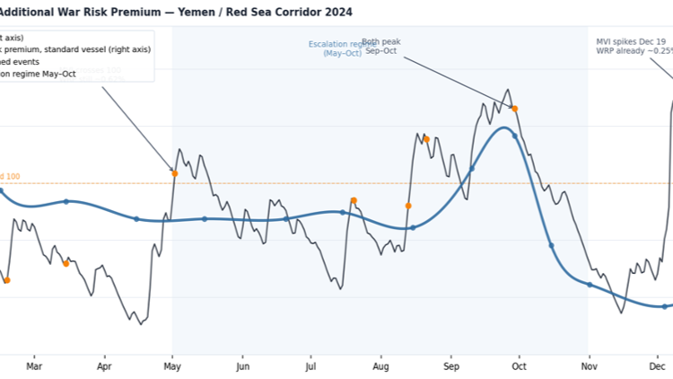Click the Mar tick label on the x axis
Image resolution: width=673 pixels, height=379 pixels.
pyautogui.click(x=34, y=366)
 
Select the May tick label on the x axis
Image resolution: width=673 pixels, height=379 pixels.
pyautogui.click(x=173, y=366)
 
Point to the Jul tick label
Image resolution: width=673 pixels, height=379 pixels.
pyautogui.click(x=310, y=366)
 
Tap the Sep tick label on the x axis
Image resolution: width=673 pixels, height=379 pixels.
pyautogui.click(x=451, y=366)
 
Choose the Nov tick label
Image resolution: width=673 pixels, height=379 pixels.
pyautogui.click(x=588, y=366)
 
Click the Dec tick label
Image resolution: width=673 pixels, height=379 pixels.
pyautogui.click(x=657, y=366)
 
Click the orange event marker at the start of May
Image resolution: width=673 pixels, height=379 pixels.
pyautogui.click(x=175, y=173)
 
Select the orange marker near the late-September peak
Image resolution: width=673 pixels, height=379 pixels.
pyautogui.click(x=514, y=109)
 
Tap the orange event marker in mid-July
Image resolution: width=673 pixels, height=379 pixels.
pyautogui.click(x=354, y=200)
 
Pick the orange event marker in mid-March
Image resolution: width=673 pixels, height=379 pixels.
pyautogui.click(x=66, y=264)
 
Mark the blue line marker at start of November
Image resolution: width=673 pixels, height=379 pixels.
pyautogui.click(x=590, y=285)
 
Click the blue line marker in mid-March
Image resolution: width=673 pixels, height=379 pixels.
pyautogui.click(x=66, y=201)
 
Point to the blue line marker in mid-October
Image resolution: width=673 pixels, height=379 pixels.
pyautogui.click(x=551, y=245)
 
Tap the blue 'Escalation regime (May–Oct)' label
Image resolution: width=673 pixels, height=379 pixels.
pyautogui.click(x=342, y=48)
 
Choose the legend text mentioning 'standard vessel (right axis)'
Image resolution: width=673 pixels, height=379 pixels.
pyautogui.click(x=76, y=49)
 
